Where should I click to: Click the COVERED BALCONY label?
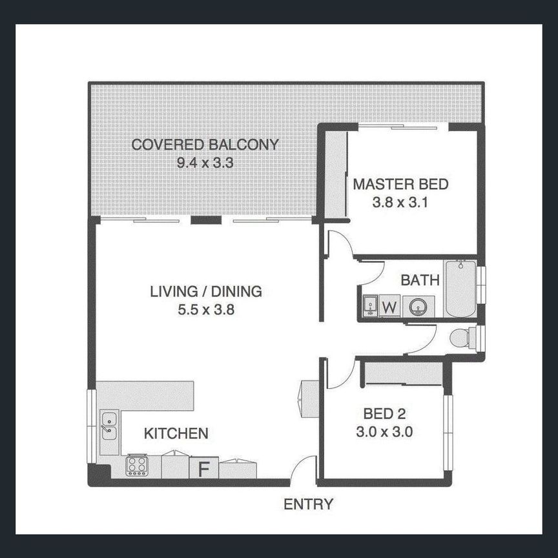click(205, 145)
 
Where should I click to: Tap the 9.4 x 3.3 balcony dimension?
click(205, 163)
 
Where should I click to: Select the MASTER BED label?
click(400, 185)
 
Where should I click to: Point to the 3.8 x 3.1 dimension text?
click(400, 202)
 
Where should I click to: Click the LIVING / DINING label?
click(206, 291)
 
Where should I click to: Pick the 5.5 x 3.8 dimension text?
click(206, 309)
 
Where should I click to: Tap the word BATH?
click(420, 280)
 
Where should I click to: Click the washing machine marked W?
click(390, 306)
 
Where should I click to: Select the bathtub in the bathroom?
click(460, 288)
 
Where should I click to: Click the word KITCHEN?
click(176, 433)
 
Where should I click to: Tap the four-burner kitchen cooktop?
click(137, 465)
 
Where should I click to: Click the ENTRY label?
click(308, 504)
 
